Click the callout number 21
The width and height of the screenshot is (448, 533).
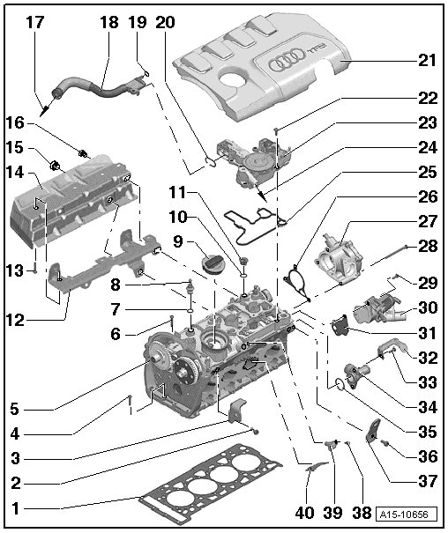coord(427,61)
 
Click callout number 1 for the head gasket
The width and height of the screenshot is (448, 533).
coord(16,509)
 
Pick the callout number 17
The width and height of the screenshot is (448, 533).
coord(35,22)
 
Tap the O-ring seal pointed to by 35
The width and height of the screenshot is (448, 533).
coord(340,384)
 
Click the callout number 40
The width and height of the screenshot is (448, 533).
coord(304,514)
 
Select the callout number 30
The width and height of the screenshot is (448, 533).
coord(427,307)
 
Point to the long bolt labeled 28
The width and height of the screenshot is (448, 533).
coord(385,256)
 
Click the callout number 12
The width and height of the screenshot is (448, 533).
coord(16,320)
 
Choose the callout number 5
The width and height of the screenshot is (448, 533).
coord(14,409)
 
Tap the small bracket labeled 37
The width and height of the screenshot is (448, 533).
coord(373,431)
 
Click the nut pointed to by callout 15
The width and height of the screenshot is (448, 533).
coord(54,166)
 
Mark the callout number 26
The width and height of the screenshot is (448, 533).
coord(427,196)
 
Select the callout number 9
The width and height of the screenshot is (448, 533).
coord(178,241)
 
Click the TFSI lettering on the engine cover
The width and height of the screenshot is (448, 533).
coord(317,49)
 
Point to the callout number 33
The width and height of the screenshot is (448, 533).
coord(427,382)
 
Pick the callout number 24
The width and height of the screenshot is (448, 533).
coord(427,147)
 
